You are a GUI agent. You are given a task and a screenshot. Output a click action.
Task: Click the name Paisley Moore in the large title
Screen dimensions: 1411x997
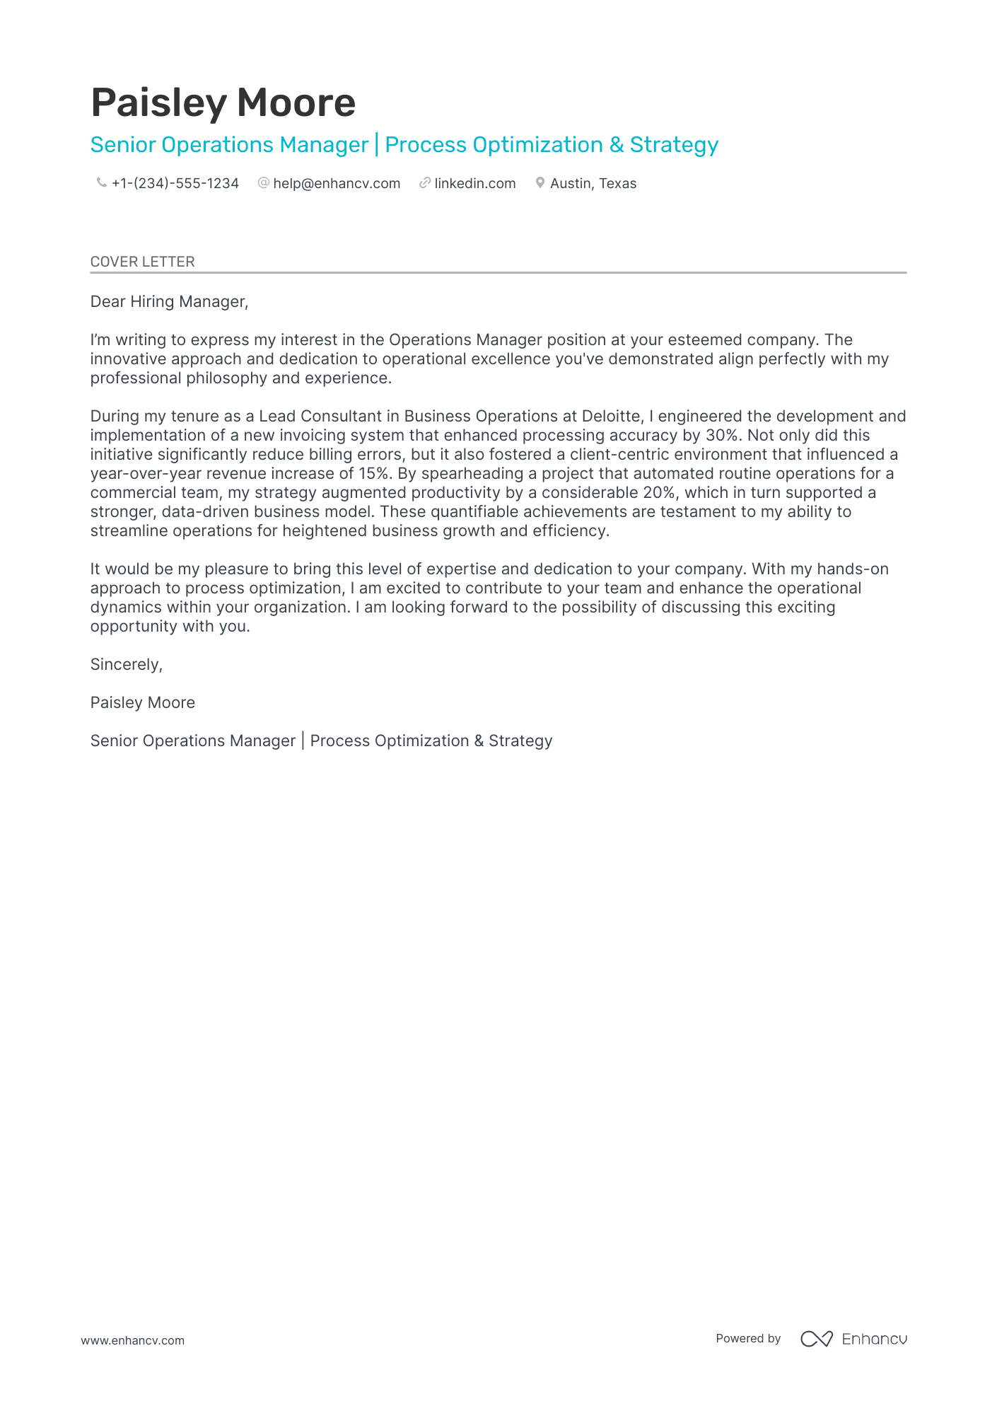point(223,103)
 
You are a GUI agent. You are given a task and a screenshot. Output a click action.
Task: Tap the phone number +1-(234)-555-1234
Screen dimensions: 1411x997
point(175,183)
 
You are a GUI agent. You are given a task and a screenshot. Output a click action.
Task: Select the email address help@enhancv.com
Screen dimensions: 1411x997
point(337,183)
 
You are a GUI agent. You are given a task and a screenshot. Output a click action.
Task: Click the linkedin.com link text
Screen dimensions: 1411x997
point(474,183)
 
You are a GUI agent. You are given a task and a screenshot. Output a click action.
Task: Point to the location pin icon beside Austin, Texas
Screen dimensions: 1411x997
point(540,182)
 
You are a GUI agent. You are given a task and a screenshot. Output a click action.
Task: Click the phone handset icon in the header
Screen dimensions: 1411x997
point(101,182)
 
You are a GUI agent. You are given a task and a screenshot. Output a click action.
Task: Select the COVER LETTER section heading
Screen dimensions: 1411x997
point(142,262)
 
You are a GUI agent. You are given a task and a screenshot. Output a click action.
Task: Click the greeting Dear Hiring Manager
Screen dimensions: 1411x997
point(169,301)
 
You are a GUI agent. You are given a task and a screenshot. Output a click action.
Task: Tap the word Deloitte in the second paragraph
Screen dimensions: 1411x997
point(611,416)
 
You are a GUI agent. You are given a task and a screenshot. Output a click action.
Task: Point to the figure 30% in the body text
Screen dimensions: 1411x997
point(721,435)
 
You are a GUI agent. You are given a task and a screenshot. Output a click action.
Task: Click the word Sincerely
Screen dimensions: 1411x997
point(126,664)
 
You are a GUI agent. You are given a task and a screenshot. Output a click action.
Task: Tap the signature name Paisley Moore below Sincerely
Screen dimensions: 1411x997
point(142,702)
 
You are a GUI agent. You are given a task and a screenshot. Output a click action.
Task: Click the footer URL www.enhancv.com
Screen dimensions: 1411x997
point(132,1340)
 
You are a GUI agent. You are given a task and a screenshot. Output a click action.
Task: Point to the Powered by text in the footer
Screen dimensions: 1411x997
point(747,1338)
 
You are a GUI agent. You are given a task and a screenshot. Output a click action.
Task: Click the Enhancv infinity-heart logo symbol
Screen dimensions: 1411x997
point(816,1338)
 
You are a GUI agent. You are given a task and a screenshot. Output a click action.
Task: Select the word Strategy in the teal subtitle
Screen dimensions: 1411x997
point(673,144)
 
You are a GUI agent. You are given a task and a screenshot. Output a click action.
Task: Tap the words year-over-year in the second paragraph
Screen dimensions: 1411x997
point(146,473)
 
